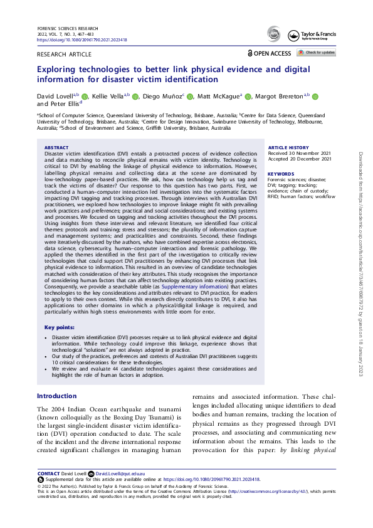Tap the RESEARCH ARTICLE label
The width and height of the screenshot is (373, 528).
[63, 55]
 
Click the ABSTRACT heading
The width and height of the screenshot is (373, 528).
[57, 147]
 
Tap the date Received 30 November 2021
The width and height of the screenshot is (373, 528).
[299, 153]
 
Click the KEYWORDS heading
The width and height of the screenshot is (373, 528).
[280, 174]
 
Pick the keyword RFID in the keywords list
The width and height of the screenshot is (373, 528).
[275, 197]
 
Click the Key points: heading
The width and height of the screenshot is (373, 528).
[59, 327]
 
